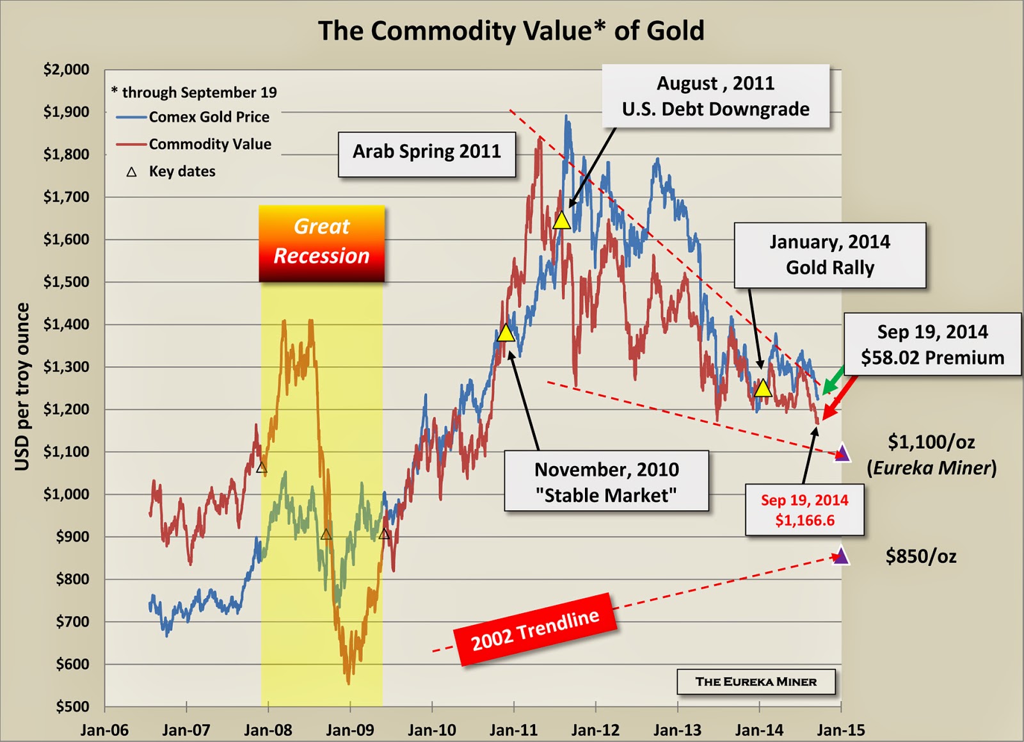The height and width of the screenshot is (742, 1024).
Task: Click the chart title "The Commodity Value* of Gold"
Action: tap(511, 31)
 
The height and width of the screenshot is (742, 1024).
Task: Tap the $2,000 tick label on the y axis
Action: tap(66, 69)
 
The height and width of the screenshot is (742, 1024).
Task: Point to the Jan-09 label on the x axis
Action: tap(349, 730)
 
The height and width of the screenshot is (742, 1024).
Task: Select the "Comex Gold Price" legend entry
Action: tap(209, 117)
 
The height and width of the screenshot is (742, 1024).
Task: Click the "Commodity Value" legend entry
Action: tap(210, 144)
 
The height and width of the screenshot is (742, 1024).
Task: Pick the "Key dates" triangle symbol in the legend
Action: tap(132, 172)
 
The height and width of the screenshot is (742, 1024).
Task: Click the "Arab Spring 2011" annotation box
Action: tap(426, 153)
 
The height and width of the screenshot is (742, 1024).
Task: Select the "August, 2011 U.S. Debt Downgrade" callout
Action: tap(716, 96)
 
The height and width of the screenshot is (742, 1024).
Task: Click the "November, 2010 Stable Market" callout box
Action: tap(605, 481)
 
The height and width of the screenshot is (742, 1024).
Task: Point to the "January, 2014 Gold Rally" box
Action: tap(829, 255)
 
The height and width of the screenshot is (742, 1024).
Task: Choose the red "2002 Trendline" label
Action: tap(535, 629)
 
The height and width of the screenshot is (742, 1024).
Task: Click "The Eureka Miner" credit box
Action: tap(756, 682)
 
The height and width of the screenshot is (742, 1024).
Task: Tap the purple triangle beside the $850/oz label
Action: tap(840, 556)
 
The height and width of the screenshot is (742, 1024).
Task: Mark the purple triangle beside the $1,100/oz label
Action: tap(842, 453)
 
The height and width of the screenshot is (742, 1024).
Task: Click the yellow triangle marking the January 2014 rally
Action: tap(762, 388)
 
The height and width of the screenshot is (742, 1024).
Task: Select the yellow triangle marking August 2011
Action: tap(561, 221)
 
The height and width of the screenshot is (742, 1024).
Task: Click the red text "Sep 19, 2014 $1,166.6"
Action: tap(804, 510)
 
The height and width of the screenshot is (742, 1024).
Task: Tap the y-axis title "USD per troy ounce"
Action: tap(22, 387)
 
